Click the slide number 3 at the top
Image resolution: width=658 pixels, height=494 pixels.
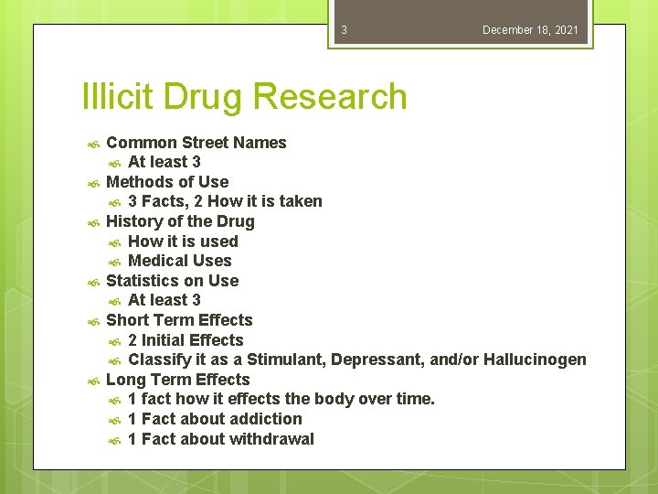344,30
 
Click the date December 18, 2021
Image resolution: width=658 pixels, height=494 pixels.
530,30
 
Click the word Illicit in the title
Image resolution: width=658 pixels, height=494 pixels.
119,96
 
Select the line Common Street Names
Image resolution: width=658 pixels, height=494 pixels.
196,143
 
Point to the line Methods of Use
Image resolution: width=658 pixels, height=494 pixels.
167,182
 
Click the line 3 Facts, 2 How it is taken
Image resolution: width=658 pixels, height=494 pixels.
225,201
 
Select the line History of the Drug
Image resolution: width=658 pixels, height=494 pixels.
180,221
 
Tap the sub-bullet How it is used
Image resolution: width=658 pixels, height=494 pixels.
183,242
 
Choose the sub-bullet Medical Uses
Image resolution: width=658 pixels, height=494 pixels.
180,261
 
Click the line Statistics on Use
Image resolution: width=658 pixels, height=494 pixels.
172,281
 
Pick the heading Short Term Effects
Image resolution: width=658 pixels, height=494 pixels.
179,320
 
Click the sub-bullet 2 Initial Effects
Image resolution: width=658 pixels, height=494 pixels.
186,340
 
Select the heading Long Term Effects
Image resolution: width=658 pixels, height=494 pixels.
177,380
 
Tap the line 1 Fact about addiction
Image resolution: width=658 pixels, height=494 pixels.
215,419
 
